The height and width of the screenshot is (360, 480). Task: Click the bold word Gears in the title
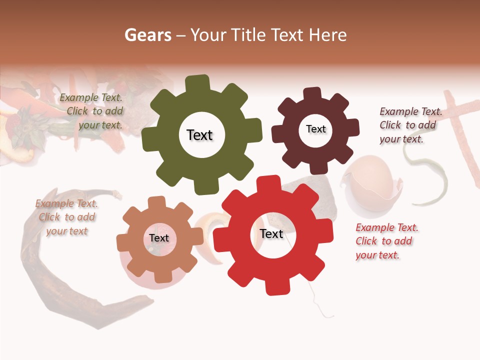point(147,35)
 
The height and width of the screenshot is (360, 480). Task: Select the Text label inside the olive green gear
point(199,135)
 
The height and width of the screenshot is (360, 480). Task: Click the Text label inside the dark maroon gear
point(315,129)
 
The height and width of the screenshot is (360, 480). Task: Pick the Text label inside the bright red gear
point(271,234)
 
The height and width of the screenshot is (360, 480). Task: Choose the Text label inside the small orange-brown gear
point(158,238)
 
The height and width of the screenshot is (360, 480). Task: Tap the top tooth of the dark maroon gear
point(312,94)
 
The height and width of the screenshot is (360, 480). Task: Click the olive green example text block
point(92,111)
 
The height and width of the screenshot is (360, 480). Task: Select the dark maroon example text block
point(410,125)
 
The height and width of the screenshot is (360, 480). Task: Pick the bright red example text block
point(386,241)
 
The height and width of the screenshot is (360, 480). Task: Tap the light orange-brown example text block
point(66,217)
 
